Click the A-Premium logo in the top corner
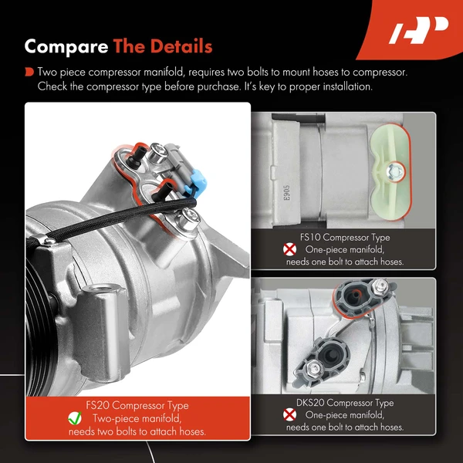click(417, 31)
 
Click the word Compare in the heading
click(66, 47)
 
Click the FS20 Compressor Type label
click(138, 405)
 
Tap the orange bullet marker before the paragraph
click(29, 72)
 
